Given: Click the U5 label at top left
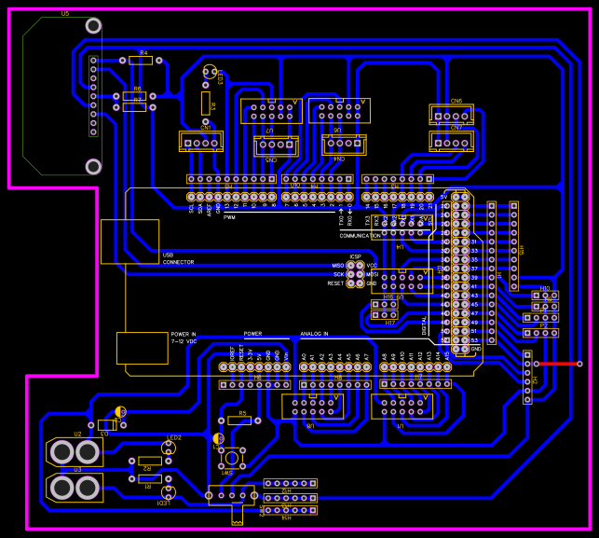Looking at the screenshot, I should coord(64,15).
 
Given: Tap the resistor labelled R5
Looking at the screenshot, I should coord(239,421).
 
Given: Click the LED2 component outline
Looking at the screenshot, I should coord(169,448).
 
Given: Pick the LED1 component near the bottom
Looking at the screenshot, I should coord(169,491).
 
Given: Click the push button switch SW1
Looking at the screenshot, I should coord(228,458).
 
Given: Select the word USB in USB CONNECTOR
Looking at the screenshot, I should coord(168,255).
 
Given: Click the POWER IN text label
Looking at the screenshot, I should coord(183,334).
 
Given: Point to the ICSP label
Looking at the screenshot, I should coord(355,256).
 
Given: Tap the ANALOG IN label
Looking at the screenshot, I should coord(314,334).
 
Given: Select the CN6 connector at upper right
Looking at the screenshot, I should coord(452,114).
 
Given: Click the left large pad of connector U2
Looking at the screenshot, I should coord(61,452).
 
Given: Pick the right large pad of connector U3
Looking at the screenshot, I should coord(88,489).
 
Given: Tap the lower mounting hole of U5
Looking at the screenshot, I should coord(93,166).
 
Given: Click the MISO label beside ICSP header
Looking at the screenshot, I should coord(337,266).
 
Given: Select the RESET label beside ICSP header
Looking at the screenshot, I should coord(335,283).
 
